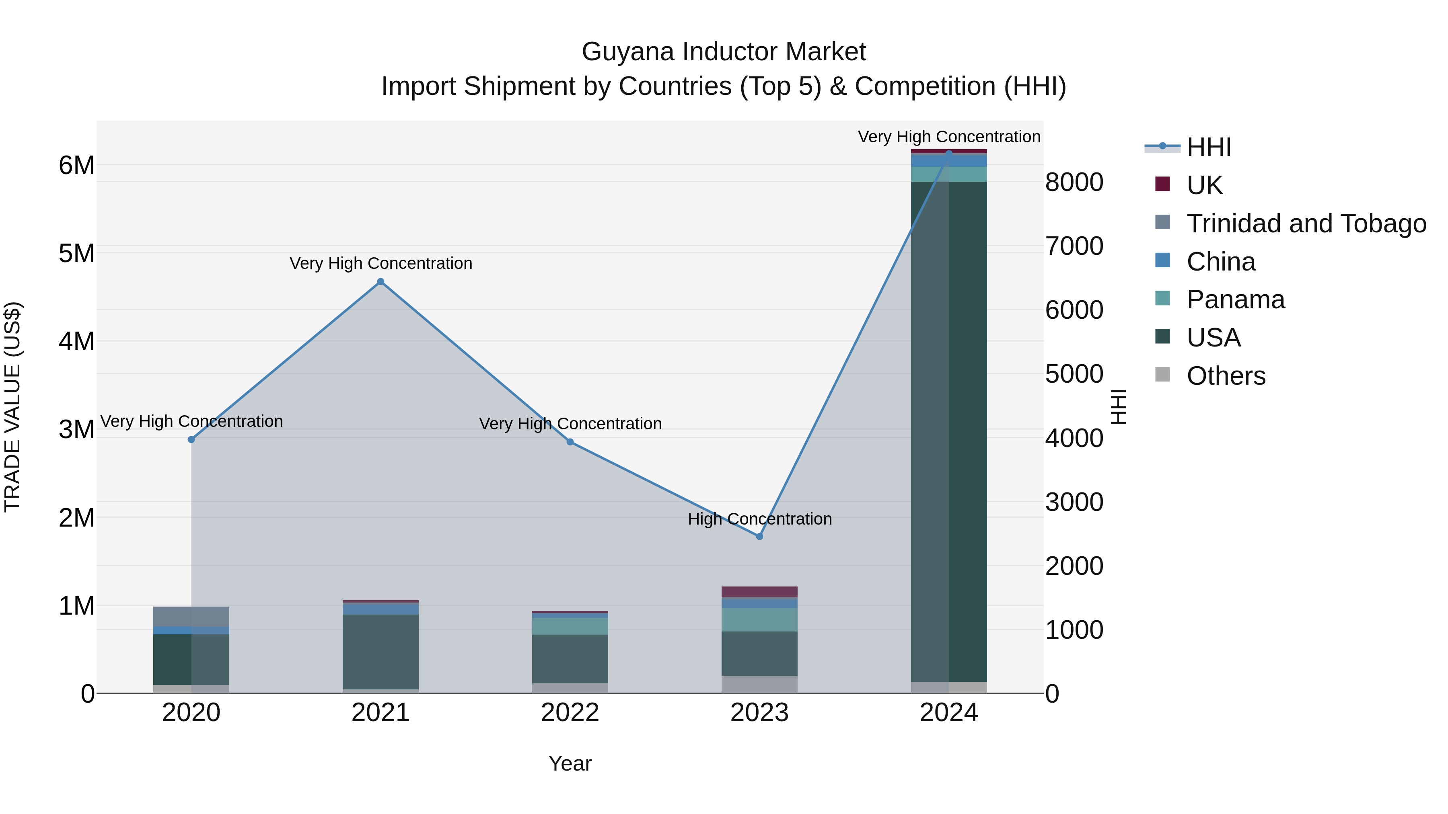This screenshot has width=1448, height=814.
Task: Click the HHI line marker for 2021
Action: (x=381, y=281)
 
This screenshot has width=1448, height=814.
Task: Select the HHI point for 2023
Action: (x=759, y=537)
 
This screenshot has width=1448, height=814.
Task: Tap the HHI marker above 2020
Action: (x=191, y=439)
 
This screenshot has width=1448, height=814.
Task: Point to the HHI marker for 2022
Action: (x=570, y=442)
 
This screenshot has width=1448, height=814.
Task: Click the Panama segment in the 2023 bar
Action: (x=759, y=619)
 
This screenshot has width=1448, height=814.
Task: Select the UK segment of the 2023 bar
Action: (x=759, y=592)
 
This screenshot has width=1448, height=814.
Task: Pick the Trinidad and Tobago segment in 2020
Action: (x=191, y=616)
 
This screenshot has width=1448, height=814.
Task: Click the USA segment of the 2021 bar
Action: (x=381, y=652)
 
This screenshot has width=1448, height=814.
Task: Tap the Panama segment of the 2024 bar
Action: (x=949, y=174)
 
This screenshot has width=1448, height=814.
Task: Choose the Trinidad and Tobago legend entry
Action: (x=1306, y=223)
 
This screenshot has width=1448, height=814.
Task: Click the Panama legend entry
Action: (x=1235, y=299)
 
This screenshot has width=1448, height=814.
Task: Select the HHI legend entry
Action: (x=1209, y=147)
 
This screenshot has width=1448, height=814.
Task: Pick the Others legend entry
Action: (x=1226, y=376)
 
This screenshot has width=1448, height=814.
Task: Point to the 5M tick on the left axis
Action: (x=76, y=253)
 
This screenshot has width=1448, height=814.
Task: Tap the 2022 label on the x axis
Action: (x=570, y=713)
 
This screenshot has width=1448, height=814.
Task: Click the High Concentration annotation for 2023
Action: (x=759, y=519)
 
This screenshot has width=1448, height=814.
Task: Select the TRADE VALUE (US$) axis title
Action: (x=12, y=407)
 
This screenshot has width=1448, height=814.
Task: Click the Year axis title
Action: (x=570, y=763)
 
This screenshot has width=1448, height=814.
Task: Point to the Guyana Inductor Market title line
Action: (x=724, y=52)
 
